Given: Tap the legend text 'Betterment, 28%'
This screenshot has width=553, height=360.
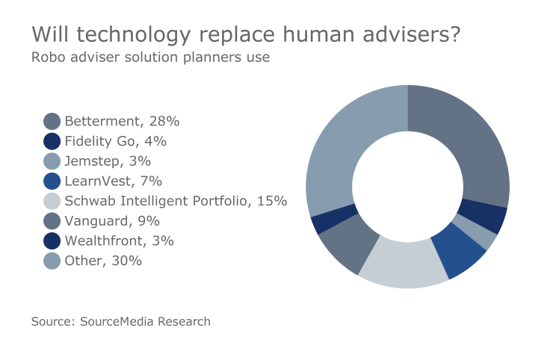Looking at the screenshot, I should click(x=122, y=121).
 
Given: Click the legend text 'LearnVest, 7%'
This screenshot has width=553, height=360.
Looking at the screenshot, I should click(x=113, y=181).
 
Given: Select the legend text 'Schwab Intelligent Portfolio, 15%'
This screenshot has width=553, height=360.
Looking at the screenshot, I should click(x=176, y=201).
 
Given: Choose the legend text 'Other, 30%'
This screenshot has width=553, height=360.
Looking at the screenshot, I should click(x=103, y=261).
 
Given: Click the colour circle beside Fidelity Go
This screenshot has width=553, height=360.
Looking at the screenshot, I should click(x=52, y=141).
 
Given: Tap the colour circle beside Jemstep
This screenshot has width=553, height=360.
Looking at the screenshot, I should click(x=52, y=161).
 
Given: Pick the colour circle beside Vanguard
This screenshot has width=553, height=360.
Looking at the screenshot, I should click(x=52, y=221).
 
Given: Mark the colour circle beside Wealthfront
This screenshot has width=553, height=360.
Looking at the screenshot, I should click(x=52, y=240).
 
